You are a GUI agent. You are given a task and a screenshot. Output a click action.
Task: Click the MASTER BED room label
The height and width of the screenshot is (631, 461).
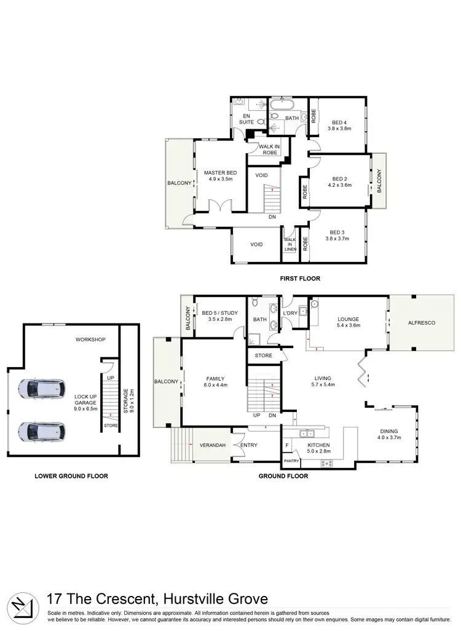220,173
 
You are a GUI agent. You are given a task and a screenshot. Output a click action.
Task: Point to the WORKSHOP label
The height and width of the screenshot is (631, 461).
91,339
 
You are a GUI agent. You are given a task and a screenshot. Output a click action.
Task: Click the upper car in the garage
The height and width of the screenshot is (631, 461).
41,389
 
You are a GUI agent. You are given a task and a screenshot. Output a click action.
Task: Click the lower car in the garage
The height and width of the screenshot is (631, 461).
41,431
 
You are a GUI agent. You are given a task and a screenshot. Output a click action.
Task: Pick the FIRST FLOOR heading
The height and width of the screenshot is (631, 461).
300,279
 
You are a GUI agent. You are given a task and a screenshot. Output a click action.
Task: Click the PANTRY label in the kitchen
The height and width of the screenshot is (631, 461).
291,461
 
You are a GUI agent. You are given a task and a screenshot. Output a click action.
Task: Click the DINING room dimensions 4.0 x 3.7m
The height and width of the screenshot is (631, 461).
388,438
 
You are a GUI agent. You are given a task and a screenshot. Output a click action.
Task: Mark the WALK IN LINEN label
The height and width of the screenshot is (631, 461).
289,244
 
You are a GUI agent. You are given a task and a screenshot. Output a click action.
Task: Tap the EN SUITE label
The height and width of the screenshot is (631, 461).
246,119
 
